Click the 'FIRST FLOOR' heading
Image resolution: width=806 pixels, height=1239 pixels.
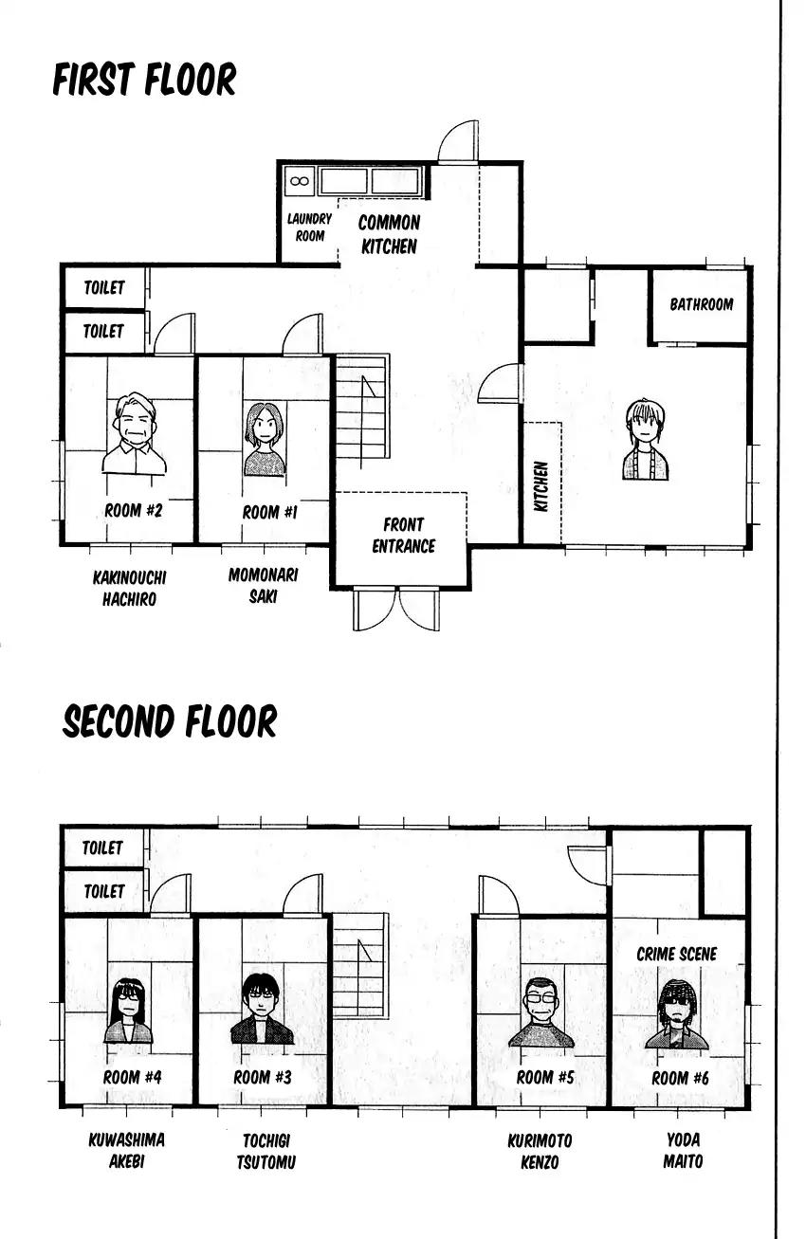(144, 80)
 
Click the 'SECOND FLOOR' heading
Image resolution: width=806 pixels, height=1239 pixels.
(170, 721)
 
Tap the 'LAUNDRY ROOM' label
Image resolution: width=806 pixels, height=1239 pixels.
(309, 228)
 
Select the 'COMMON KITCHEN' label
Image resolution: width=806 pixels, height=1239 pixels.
(389, 234)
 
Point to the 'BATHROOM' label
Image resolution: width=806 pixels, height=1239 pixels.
(701, 304)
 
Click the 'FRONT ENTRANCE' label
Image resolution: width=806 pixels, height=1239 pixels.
(403, 535)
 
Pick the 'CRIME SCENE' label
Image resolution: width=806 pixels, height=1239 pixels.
(676, 954)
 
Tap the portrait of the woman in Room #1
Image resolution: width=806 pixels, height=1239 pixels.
(265, 440)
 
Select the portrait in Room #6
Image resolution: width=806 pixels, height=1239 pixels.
(676, 1015)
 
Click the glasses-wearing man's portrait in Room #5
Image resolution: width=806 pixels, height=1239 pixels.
(541, 1012)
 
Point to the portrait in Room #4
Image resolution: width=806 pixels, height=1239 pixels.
(128, 1011)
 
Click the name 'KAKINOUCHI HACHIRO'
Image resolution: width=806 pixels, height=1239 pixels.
(130, 588)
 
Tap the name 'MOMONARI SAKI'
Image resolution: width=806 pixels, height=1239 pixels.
(264, 586)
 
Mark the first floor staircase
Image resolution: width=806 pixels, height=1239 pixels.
(362, 407)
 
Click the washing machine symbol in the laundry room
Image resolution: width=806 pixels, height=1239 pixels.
(300, 181)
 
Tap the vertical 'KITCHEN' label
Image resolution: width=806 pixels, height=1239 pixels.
(541, 486)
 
